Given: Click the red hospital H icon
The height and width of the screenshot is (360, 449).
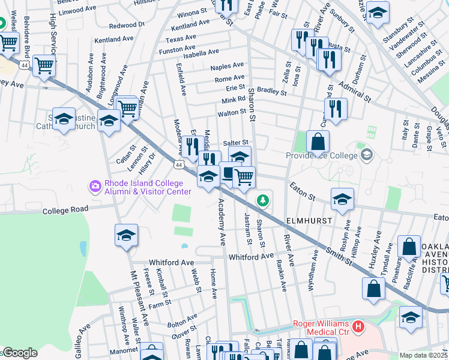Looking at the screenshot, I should (358, 328).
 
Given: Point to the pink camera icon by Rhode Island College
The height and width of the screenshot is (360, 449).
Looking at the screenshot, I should (95, 187).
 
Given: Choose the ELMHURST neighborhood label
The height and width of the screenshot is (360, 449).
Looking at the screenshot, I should (309, 221).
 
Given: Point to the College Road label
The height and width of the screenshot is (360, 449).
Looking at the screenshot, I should (65, 209).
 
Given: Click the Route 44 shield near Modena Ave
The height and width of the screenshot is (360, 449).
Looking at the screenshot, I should (179, 163).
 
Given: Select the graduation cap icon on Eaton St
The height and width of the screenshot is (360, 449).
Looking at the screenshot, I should (342, 200).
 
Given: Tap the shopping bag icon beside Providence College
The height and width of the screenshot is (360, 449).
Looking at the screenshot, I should (318, 142).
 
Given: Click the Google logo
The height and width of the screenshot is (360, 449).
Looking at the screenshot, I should (19, 353).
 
